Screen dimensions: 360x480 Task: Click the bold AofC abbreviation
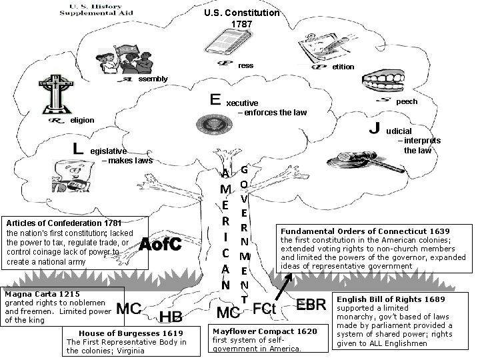tap(161, 245)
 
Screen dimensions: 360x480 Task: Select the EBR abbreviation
tap(311, 305)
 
